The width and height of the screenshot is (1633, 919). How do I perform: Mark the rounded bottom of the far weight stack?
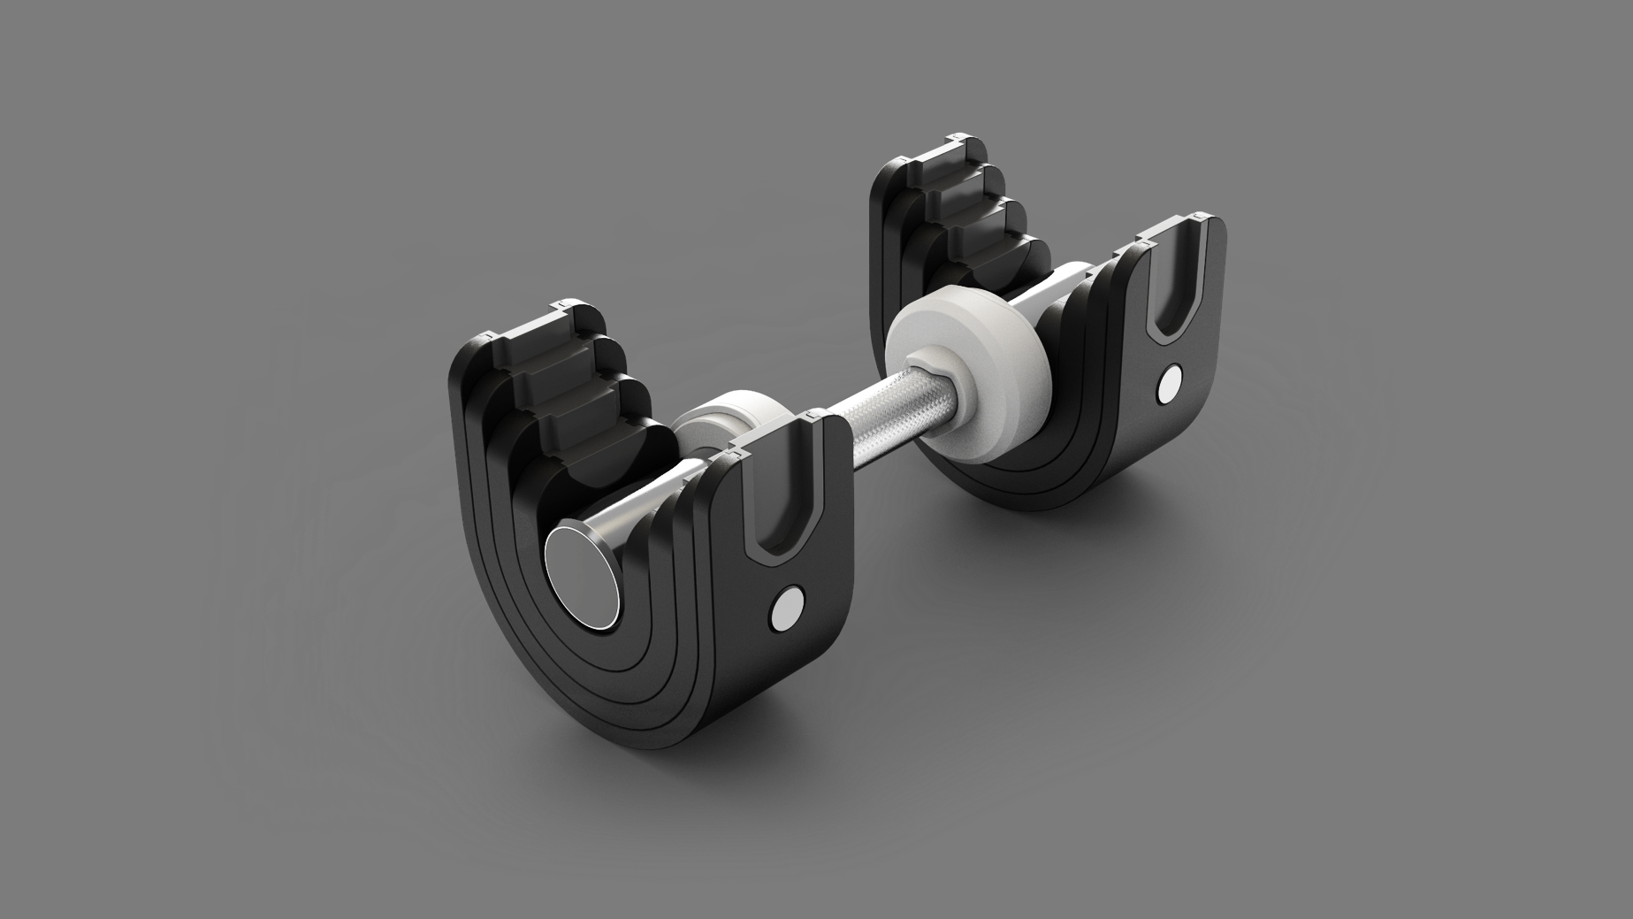(x=1017, y=491)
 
